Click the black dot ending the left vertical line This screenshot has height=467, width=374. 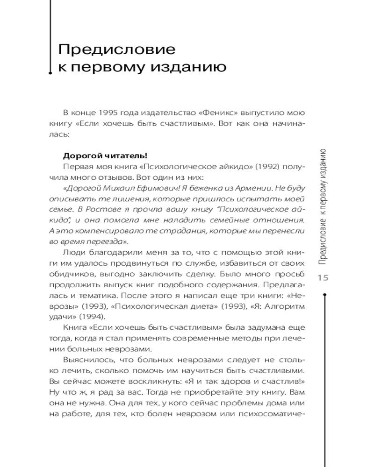click(50, 73)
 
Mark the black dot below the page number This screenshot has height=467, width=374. click(324, 294)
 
